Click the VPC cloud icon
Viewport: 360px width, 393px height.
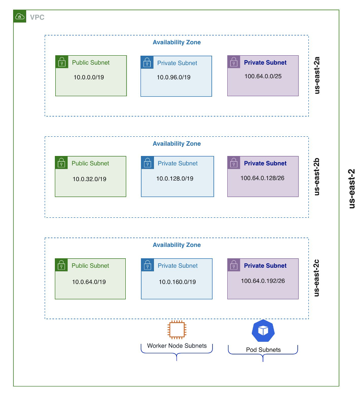click(x=20, y=16)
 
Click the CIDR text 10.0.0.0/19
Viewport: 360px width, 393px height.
click(x=89, y=77)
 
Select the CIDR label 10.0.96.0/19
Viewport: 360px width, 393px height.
click(x=174, y=77)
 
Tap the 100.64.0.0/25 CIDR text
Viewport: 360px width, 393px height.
click(x=263, y=76)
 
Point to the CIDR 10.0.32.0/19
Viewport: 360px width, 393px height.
click(x=89, y=179)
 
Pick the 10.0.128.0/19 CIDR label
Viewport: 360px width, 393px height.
click(x=175, y=178)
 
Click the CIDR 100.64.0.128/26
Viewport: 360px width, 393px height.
click(x=263, y=178)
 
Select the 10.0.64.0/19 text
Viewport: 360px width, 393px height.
click(x=89, y=282)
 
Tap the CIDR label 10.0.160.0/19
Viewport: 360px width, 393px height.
click(x=177, y=282)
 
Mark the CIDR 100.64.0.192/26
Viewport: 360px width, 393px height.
click(x=263, y=281)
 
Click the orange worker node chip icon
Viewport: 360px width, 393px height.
click(x=177, y=330)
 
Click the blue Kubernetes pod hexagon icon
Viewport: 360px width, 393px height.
click(x=263, y=331)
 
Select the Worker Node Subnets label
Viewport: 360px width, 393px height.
click(x=177, y=346)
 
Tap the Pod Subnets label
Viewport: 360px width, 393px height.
click(x=263, y=350)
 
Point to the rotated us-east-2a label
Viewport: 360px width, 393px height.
click(x=317, y=76)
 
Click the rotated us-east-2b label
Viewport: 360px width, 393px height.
click(x=317, y=176)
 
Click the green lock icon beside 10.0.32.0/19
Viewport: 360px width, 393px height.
click(x=61, y=163)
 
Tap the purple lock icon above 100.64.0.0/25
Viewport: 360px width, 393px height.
click(x=233, y=62)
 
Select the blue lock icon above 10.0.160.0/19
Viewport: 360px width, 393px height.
click(x=147, y=265)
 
